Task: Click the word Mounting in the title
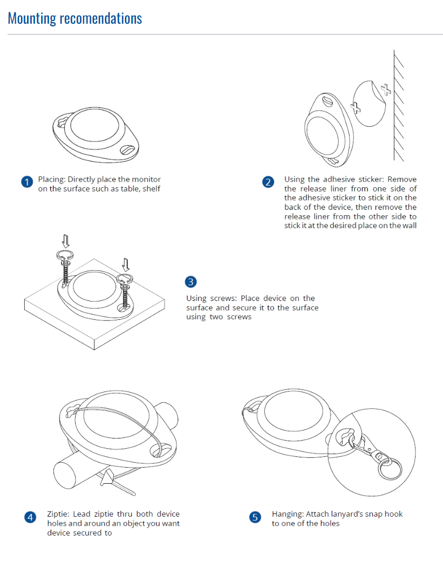coord(32,18)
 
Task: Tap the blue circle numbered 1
coord(27,182)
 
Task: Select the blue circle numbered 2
coord(269,182)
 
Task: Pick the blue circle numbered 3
coord(191,282)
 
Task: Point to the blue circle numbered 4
coord(30,517)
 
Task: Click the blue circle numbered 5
coord(255,517)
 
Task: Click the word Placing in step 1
coord(51,180)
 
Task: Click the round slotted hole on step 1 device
coord(129,149)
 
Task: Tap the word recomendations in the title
coord(100,18)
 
